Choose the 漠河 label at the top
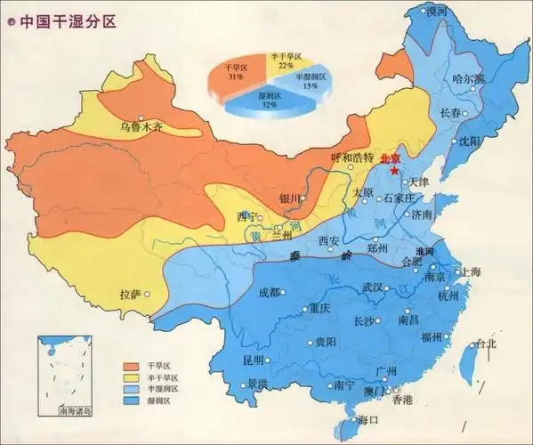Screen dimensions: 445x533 (436, 11)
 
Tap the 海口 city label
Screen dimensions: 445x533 (367, 420)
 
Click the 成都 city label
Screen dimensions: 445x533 (268, 292)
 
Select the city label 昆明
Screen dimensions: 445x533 (253, 360)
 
